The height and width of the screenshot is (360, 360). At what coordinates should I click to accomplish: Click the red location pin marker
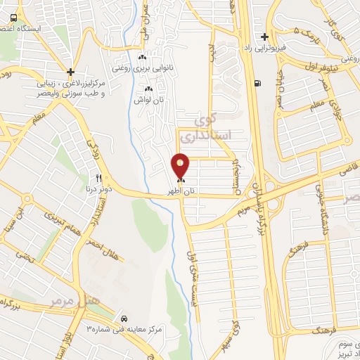point(181,165)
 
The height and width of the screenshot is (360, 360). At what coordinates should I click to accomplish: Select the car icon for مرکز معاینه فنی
point(124,317)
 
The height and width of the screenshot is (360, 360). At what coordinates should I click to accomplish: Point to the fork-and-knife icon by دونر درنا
point(99,177)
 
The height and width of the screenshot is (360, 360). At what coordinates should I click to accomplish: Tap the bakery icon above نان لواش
point(148,89)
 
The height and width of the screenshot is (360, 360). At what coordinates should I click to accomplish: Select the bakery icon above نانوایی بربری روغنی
point(142,58)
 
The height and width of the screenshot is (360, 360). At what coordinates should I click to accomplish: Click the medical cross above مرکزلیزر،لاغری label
point(70,71)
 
